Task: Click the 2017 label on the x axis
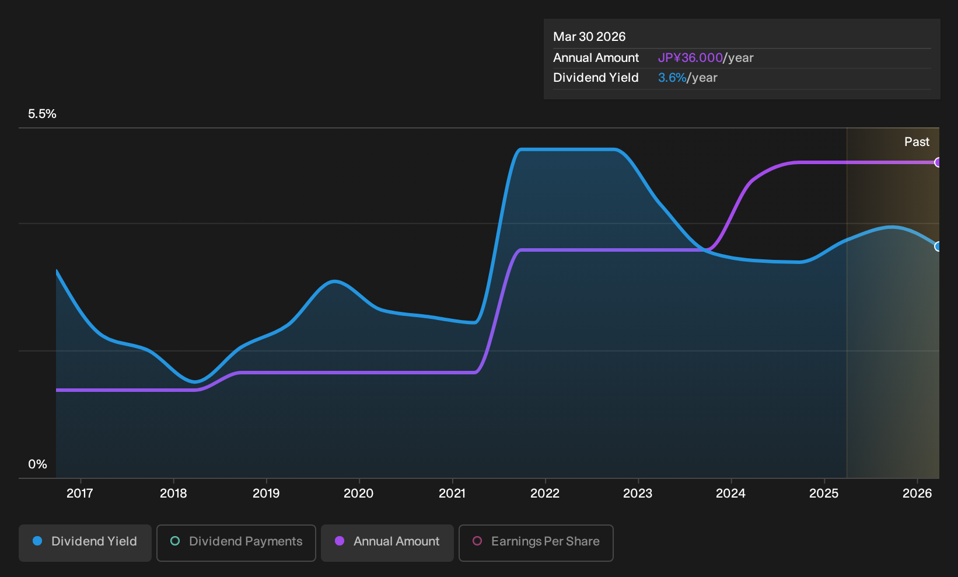tap(80, 493)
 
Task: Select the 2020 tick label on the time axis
tap(359, 493)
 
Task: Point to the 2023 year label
tap(638, 493)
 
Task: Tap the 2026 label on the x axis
tap(917, 493)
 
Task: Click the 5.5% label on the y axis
tap(42, 114)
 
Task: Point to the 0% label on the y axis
tap(38, 464)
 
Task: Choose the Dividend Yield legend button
tap(85, 543)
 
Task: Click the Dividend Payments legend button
tap(236, 543)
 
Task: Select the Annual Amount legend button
tap(387, 543)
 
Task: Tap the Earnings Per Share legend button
tap(536, 543)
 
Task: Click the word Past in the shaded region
tap(917, 142)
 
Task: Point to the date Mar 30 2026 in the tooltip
tap(589, 37)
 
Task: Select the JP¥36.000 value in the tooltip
tap(690, 58)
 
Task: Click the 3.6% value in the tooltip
tap(672, 78)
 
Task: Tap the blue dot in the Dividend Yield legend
tap(38, 541)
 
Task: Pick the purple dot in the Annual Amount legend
tap(340, 541)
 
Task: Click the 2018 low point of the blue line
tap(195, 381)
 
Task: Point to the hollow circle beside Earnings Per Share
tap(477, 541)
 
